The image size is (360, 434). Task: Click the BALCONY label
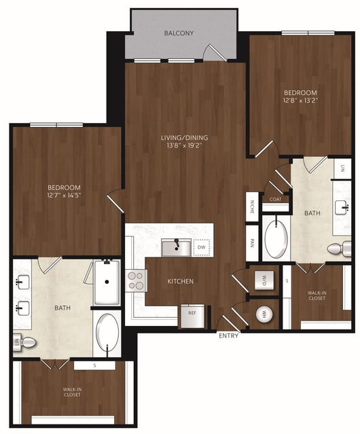click(x=179, y=33)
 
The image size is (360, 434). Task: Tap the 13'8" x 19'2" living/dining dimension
click(x=185, y=145)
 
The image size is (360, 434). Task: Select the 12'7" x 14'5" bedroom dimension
click(x=65, y=196)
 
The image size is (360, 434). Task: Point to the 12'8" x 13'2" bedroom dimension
click(x=300, y=101)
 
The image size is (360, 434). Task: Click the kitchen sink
click(x=177, y=248)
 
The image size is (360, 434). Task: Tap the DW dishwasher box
click(x=202, y=247)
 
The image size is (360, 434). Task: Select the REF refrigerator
click(x=193, y=316)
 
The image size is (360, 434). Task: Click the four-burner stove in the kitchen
click(x=136, y=281)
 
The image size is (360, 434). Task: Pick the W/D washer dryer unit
click(x=264, y=280)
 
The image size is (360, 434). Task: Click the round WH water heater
click(x=264, y=314)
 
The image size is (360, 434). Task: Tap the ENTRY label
click(x=228, y=336)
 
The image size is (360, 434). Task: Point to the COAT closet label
click(x=276, y=199)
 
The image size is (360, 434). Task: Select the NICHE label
click(x=252, y=206)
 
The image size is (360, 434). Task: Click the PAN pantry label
click(x=252, y=243)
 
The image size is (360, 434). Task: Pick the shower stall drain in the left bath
click(x=107, y=282)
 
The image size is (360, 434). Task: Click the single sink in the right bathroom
click(x=342, y=208)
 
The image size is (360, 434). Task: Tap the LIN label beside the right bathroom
click(x=342, y=168)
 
